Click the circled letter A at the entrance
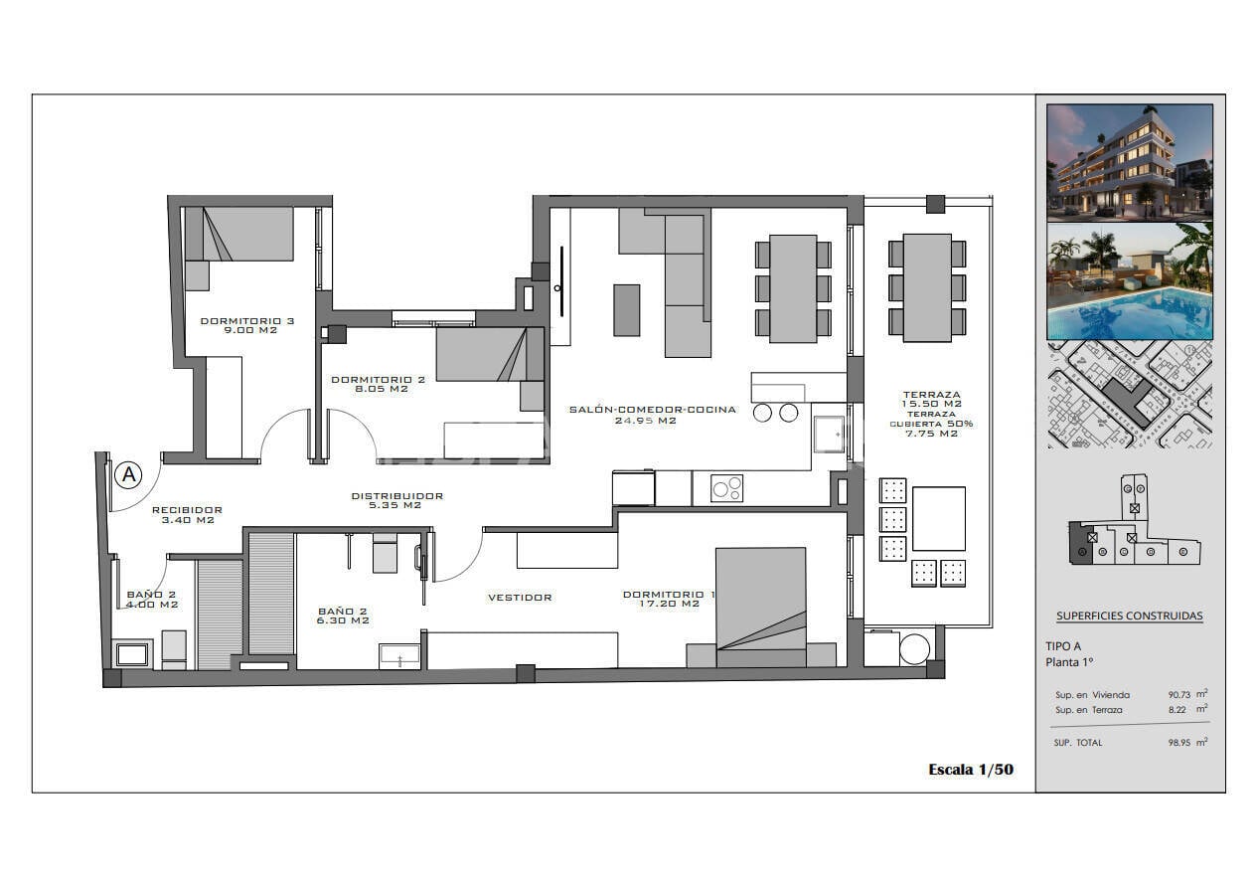point(128,475)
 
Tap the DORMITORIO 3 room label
point(234,325)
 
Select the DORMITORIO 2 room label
point(364,384)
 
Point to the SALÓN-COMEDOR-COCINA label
point(652,415)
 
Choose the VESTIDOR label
point(520,598)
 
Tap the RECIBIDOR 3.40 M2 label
point(187,515)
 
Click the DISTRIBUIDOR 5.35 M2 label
point(396,500)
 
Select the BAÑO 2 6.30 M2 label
point(343,616)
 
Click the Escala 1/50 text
point(970,770)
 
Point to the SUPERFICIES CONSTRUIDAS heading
point(1129,617)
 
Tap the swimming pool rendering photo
point(1130,281)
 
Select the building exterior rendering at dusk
point(1130,161)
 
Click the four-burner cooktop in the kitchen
point(726,488)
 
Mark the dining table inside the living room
point(793,288)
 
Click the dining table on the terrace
point(927,287)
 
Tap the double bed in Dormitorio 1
point(760,607)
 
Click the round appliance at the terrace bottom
point(914,649)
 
